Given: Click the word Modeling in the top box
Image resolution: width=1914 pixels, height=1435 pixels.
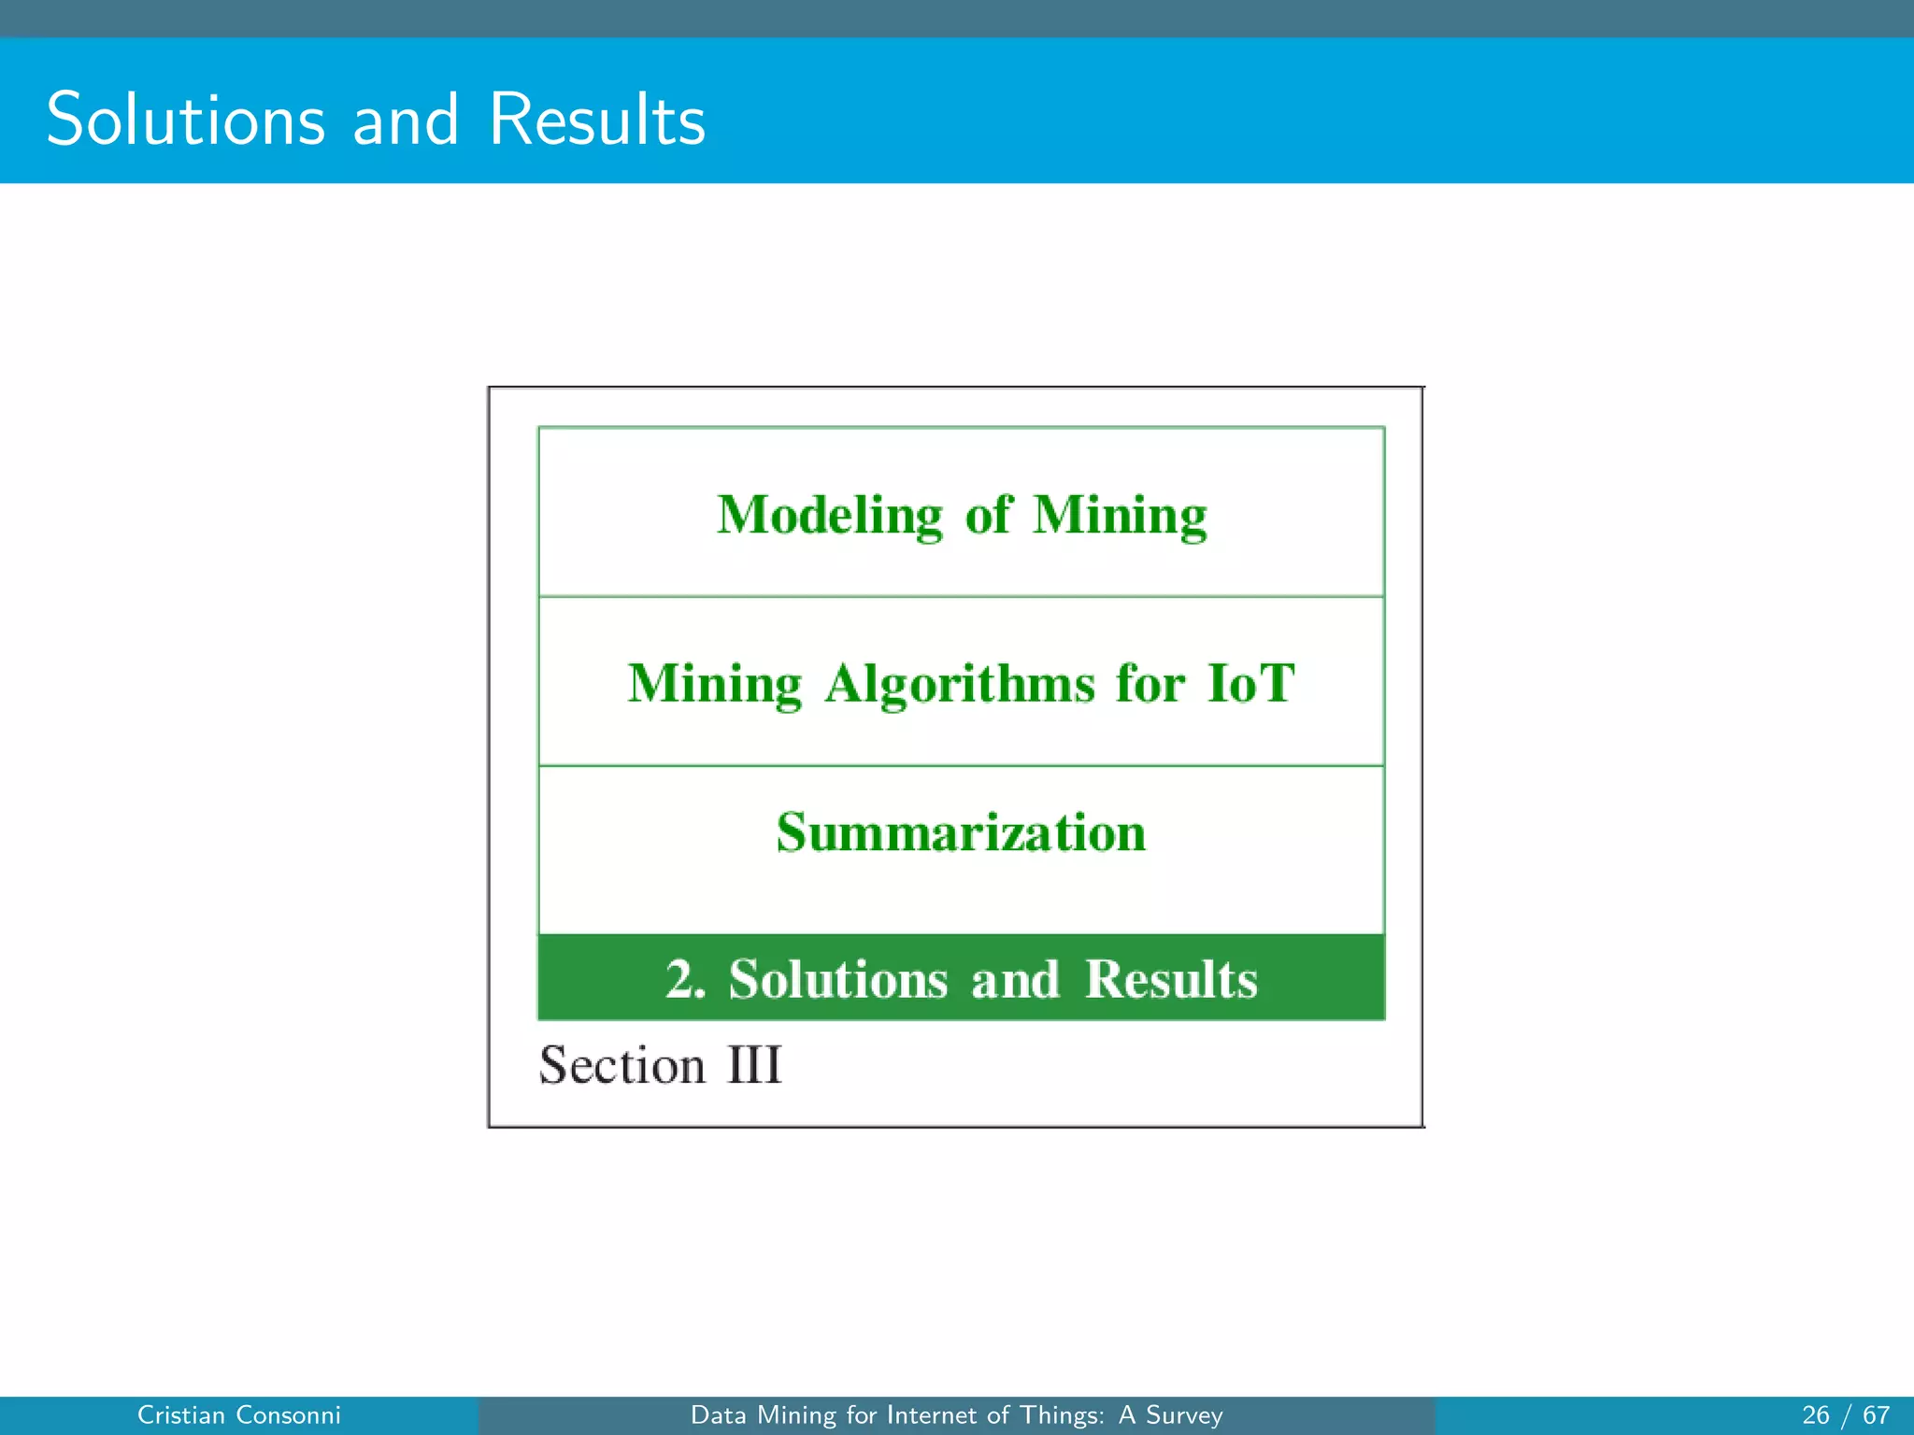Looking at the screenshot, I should tap(830, 515).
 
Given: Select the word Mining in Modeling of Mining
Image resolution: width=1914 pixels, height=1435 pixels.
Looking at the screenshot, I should tap(1119, 515).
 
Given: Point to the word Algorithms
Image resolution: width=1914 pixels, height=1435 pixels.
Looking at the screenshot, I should tap(959, 684).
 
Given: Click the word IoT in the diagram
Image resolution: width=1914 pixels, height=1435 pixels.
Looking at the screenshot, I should tap(1250, 683).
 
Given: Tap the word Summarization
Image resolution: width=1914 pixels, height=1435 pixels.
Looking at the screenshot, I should tap(961, 832).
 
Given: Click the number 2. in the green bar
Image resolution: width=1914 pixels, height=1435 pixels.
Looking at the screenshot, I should tap(685, 979).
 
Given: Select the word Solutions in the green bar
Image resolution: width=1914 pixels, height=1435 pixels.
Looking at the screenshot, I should tap(837, 979).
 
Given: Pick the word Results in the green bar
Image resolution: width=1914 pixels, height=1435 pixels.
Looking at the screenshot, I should tap(1170, 979).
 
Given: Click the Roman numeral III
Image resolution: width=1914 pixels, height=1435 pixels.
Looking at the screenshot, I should tap(754, 1065).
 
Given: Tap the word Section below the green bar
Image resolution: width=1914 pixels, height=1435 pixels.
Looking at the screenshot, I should tap(621, 1065).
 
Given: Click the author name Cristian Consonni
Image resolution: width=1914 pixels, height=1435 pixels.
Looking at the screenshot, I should tap(238, 1415).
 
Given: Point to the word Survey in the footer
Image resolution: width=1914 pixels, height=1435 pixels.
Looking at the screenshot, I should tap(1184, 1415).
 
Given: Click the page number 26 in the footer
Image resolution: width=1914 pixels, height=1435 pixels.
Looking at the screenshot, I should tap(1815, 1415).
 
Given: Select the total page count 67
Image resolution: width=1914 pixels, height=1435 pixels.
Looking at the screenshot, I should tap(1876, 1415).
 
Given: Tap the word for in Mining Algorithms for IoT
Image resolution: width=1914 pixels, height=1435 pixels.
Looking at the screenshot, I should tap(1150, 683).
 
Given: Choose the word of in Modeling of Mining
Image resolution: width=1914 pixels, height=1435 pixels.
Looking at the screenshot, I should tap(987, 515).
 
